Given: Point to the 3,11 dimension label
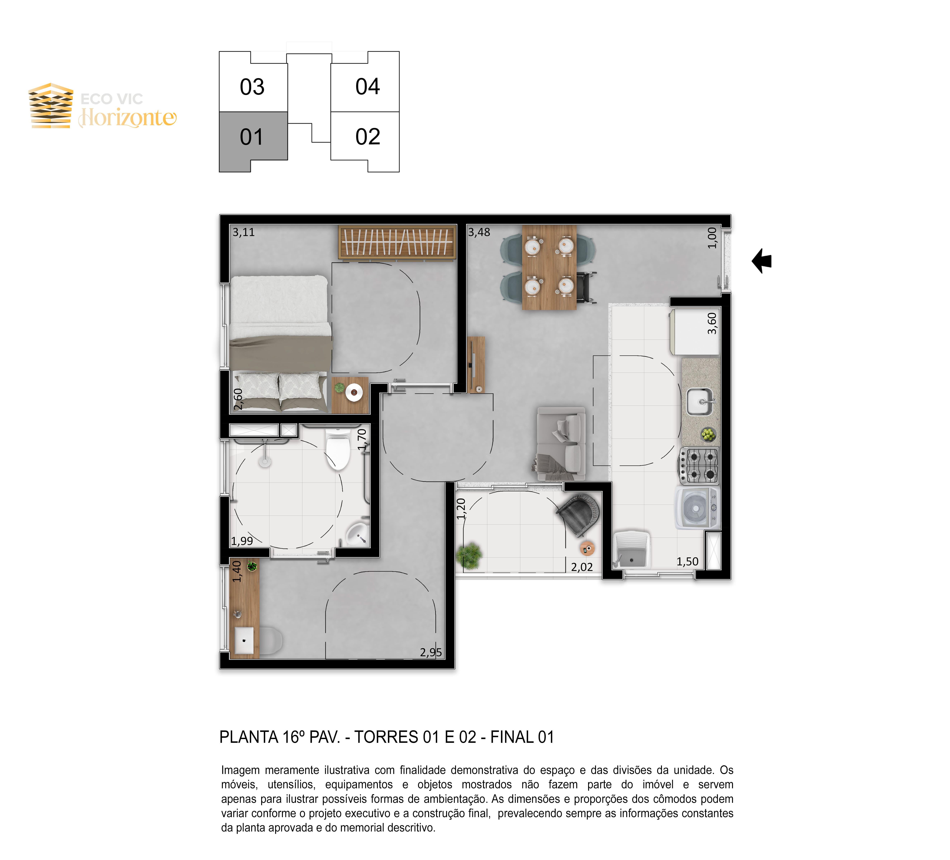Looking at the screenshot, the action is (x=244, y=232).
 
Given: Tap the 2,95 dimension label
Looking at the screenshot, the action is (x=431, y=652).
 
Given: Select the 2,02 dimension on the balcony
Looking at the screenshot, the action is (x=582, y=567).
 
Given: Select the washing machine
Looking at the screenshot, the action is (x=698, y=508).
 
